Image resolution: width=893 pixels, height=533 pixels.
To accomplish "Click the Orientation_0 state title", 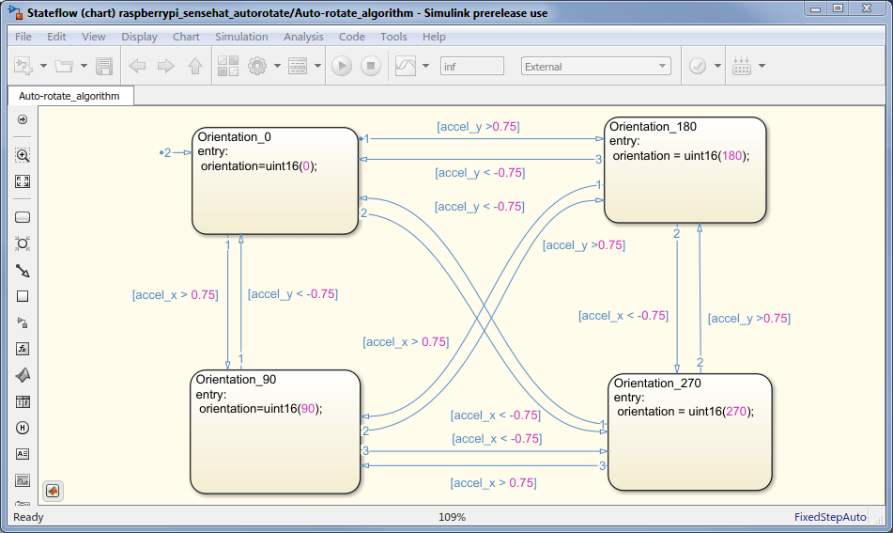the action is click(x=234, y=137).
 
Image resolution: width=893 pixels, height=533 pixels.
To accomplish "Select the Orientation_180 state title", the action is click(x=653, y=127).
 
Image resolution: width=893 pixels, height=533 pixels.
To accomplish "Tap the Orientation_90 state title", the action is click(x=236, y=380).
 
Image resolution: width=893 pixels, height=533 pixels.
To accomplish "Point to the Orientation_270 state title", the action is click(x=657, y=384).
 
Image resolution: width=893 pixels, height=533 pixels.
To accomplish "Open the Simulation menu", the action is click(x=241, y=37).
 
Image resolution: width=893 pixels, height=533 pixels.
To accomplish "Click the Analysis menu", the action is click(x=303, y=37).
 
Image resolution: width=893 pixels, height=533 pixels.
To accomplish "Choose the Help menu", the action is click(x=434, y=37).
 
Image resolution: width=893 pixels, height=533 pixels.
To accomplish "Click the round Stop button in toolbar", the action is click(x=371, y=66).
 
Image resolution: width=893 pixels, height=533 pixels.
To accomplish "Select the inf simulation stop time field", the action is click(x=472, y=66).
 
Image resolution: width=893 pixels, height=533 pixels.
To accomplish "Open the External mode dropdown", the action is click(x=595, y=66).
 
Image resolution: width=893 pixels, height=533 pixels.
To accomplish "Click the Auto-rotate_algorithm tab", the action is click(x=70, y=96).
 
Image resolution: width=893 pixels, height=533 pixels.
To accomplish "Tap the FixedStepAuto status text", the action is click(x=830, y=517).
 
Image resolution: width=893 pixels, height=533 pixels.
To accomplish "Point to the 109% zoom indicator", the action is click(x=453, y=517).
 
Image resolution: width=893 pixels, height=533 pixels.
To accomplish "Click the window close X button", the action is click(x=867, y=8).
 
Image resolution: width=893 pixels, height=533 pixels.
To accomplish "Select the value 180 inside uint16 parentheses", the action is click(x=731, y=156).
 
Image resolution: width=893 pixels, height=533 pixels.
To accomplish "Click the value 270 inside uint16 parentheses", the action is click(x=736, y=412).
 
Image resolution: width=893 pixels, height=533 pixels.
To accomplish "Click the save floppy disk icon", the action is click(x=104, y=66).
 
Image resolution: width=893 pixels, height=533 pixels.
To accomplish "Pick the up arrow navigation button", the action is click(x=195, y=66).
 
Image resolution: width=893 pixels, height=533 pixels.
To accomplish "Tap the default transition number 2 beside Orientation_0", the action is click(x=167, y=153).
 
